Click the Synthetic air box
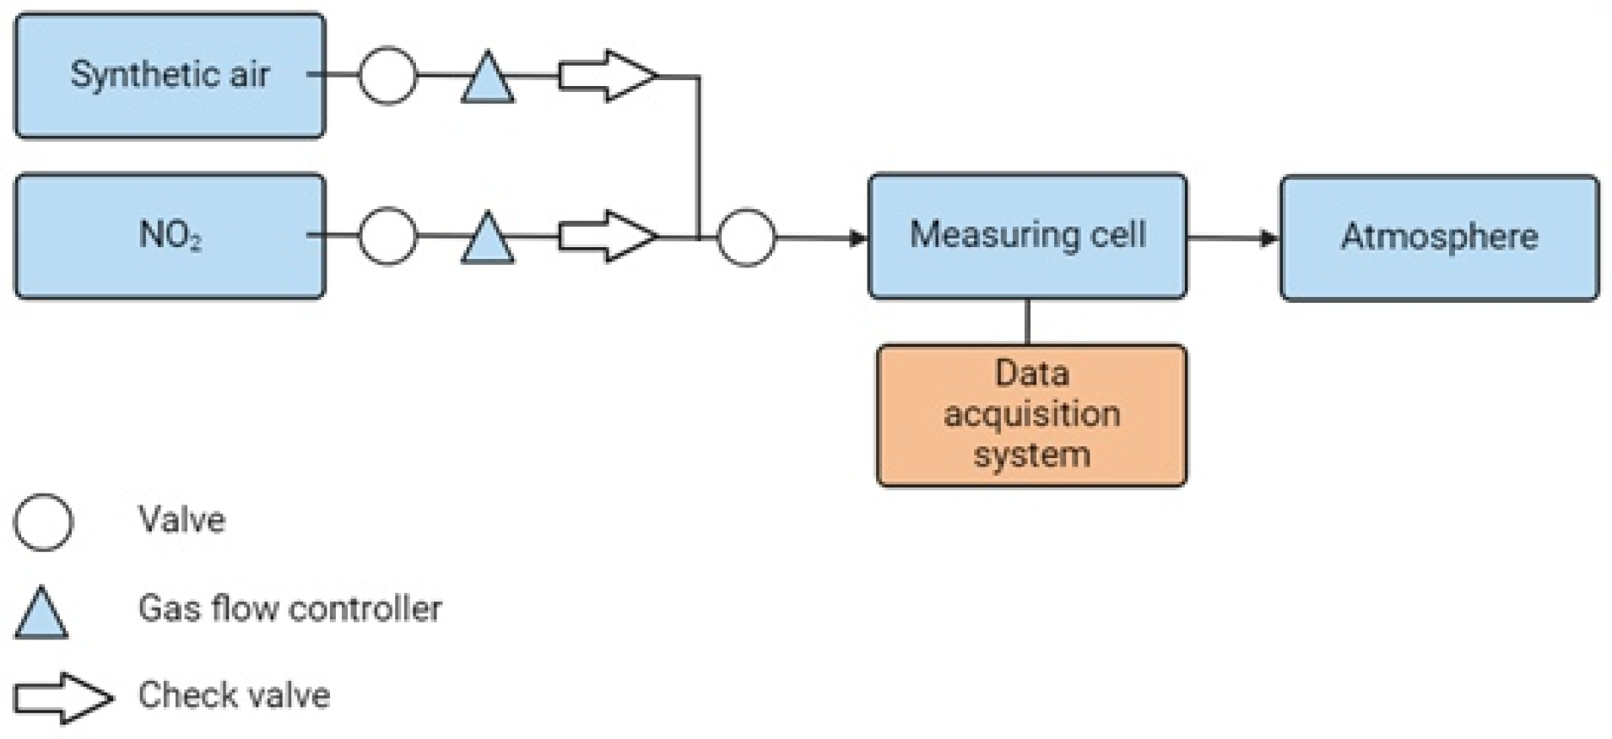tap(169, 75)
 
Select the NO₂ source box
tap(169, 235)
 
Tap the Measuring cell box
tap(1027, 235)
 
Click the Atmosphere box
tap(1439, 237)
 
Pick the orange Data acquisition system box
tap(1031, 414)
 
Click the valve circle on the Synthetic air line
tap(387, 76)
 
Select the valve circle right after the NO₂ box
tap(387, 236)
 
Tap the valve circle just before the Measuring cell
tap(746, 238)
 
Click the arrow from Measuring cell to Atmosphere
tap(1233, 238)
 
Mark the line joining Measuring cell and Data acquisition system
tap(1027, 321)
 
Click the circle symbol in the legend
tap(43, 522)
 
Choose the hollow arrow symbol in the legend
tap(63, 698)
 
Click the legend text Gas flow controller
tap(289, 608)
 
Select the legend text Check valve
tap(234, 695)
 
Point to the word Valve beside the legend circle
tap(181, 521)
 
